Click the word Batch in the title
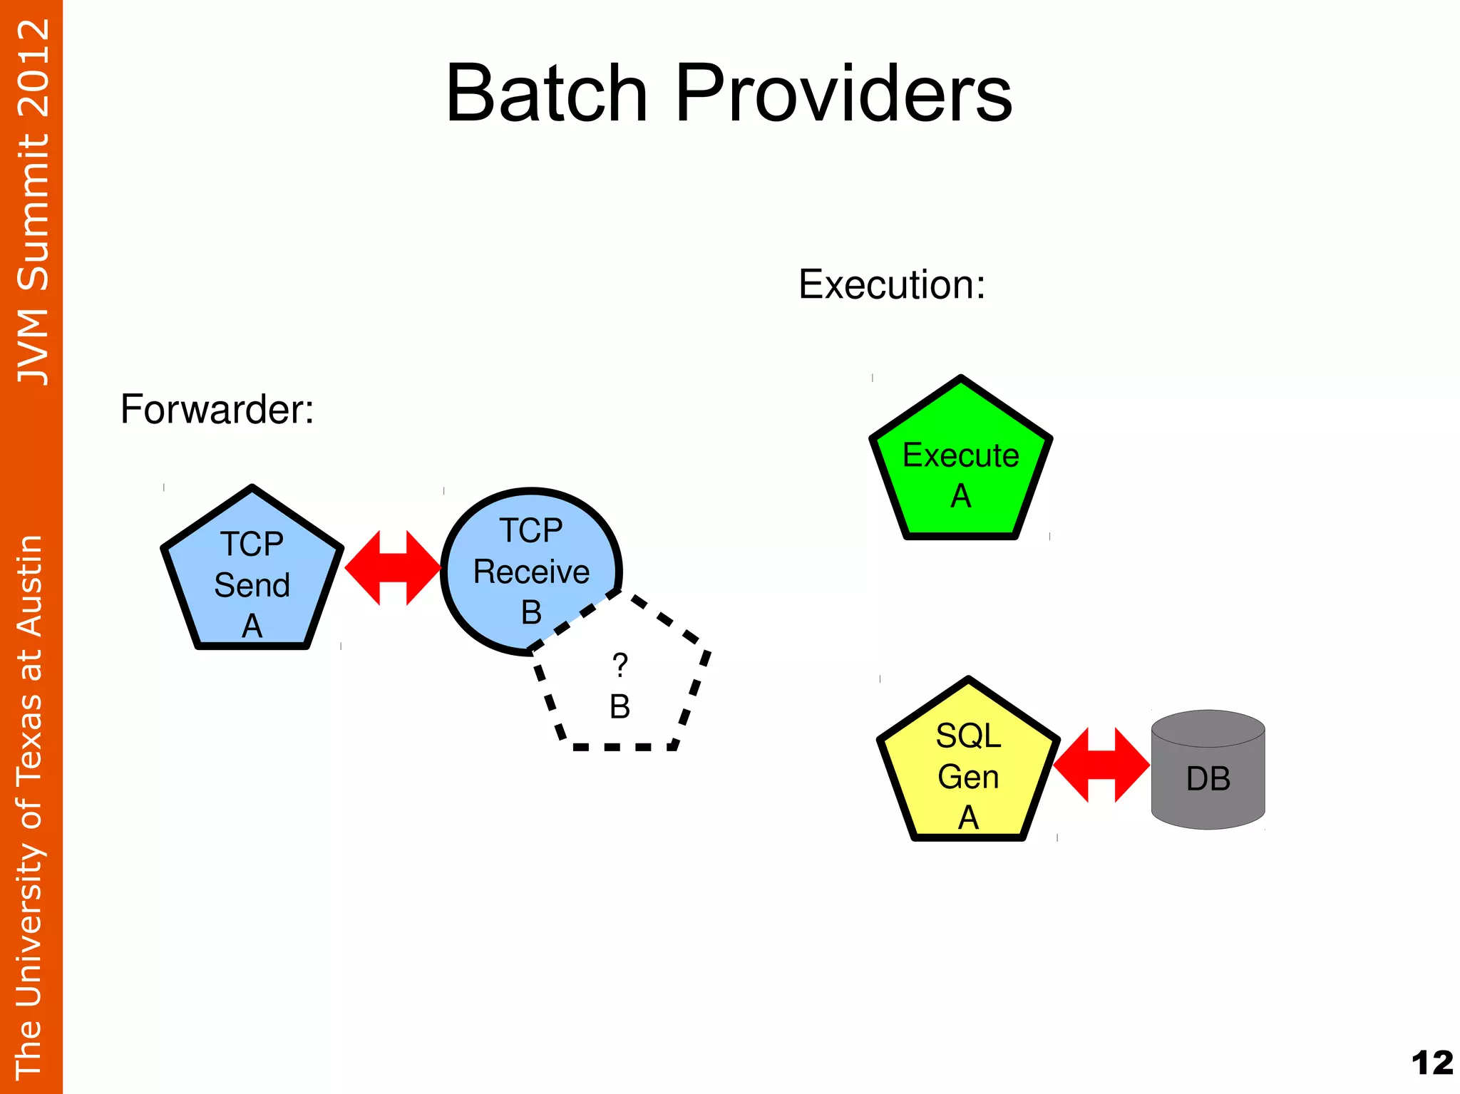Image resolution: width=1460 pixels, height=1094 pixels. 546,93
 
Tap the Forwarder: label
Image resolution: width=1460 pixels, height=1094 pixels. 217,409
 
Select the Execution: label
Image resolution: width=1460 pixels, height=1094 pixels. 891,284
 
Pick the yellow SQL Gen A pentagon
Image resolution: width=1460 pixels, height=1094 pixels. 967,770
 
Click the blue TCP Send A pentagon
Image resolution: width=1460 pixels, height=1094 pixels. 252,577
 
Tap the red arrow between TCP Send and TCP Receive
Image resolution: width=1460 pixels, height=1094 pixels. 393,568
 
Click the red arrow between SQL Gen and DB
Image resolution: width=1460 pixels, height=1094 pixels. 1101,765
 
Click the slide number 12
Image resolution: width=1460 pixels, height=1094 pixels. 1431,1063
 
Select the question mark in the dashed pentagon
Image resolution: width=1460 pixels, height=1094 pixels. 620,666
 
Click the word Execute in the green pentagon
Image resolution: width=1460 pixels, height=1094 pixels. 960,455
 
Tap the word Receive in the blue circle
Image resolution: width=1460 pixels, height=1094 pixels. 531,572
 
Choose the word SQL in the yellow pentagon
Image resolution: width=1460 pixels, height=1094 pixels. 968,736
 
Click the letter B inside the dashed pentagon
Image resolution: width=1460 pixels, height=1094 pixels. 620,707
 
